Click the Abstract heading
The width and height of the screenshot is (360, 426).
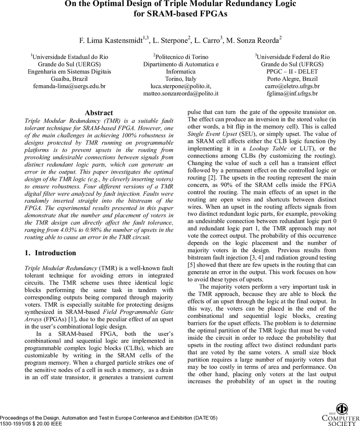coord(99,113)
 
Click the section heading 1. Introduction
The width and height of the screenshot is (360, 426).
coord(50,253)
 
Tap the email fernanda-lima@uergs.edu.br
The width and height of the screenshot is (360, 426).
coord(70,86)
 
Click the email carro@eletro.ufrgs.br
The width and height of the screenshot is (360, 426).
coord(292,86)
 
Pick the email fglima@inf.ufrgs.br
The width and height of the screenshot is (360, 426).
coord(292,94)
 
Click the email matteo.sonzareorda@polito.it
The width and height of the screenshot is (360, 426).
coord(181,94)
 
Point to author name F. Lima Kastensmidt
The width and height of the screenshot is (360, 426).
coord(111,40)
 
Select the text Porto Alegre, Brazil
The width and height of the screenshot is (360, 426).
coord(292,79)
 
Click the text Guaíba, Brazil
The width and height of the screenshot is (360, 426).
coord(70,79)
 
